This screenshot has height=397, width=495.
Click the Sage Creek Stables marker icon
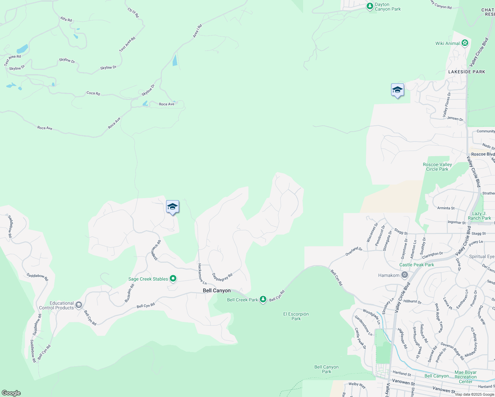173,279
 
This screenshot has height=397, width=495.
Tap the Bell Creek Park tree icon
263,299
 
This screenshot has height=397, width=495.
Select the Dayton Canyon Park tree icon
370,6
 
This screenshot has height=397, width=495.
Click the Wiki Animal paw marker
465,43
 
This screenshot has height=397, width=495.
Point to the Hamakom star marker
404,275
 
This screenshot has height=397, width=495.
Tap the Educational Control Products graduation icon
78,305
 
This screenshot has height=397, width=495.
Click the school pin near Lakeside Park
397,90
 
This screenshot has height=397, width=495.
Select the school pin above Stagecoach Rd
172,207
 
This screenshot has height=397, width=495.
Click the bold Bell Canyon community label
217,290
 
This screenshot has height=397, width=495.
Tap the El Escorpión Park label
296,316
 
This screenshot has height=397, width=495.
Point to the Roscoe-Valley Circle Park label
437,167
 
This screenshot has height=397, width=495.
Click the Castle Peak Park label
417,265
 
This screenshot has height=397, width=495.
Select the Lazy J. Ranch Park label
479,216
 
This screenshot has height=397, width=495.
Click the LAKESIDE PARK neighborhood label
467,72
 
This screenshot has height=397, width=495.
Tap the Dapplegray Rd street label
222,277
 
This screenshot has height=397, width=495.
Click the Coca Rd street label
93,93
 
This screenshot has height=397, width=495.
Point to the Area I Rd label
197,31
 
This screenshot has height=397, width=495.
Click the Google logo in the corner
11,393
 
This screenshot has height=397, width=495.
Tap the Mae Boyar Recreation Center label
466,377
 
